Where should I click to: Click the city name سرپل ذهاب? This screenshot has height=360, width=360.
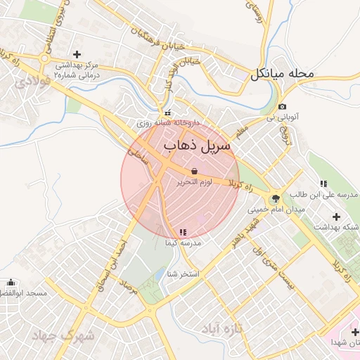[x=197, y=145]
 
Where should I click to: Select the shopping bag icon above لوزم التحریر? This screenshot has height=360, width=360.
[x=193, y=171]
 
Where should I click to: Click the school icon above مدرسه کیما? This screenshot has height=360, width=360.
[x=183, y=231]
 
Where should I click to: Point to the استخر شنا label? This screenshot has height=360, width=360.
[x=183, y=274]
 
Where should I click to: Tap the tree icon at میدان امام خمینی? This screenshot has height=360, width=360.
[x=275, y=198]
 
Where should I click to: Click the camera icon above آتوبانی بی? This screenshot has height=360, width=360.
[x=282, y=107]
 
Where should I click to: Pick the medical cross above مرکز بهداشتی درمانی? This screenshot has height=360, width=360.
[x=77, y=53]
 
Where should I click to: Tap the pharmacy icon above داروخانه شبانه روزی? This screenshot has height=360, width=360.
[x=167, y=112]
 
